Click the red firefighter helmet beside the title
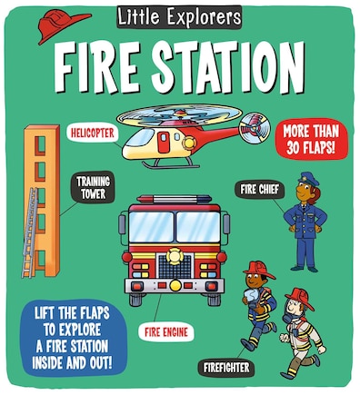62,25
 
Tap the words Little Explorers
179,17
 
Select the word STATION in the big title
229,67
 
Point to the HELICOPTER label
93,133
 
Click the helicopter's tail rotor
255,128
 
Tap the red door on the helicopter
164,142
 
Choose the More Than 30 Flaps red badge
311,139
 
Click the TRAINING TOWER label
93,188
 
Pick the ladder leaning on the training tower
30,233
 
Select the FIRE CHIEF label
259,190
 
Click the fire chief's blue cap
308,179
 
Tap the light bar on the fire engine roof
175,199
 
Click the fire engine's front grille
175,266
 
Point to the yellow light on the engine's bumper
175,285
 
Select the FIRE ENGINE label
166,332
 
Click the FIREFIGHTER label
226,368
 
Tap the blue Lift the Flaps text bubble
72,338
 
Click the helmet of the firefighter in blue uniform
259,270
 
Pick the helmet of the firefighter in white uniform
300,297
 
